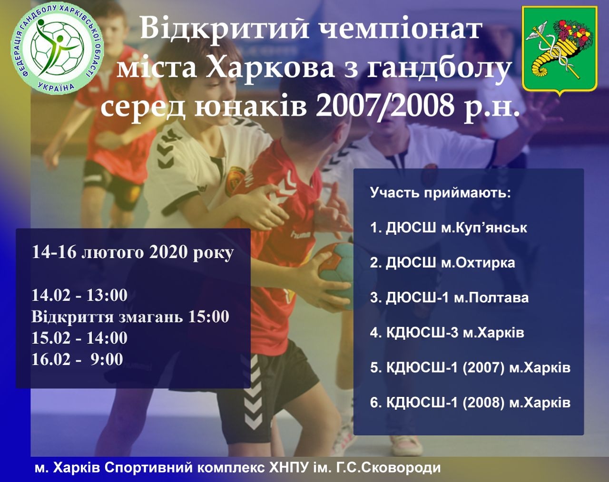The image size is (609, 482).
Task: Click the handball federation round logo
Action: (58, 49)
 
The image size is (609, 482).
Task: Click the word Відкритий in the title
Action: (224, 28)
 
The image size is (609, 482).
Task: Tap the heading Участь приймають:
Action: (441, 193)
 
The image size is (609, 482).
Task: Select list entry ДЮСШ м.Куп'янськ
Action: (449, 228)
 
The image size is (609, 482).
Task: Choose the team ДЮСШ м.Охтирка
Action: (442, 262)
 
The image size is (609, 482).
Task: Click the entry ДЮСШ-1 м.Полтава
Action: (450, 298)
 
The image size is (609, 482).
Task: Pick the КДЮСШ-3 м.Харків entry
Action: (447, 333)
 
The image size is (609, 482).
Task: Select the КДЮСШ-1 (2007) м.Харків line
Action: (471, 368)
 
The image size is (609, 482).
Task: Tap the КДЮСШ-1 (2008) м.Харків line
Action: (471, 403)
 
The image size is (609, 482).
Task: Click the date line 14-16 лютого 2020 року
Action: (132, 252)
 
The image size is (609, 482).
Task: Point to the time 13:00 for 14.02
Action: (107, 295)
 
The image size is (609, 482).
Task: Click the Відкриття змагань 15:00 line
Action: (130, 317)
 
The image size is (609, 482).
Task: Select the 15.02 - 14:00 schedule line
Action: (79, 338)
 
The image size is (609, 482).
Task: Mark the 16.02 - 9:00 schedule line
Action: (77, 359)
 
